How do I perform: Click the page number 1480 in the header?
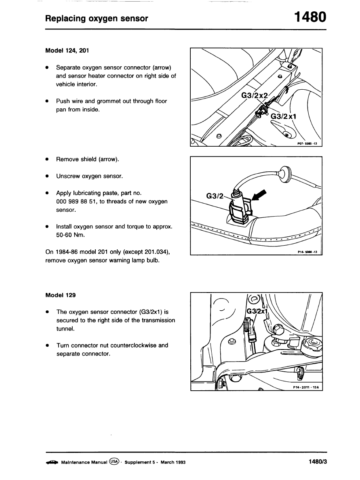tap(310, 17)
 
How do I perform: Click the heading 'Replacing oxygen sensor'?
tap(97, 19)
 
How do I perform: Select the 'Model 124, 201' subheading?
tap(67, 51)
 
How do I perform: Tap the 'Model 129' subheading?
tap(61, 295)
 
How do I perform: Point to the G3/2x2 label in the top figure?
tap(255, 95)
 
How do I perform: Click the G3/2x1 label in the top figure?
tap(284, 117)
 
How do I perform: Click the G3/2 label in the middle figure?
tap(215, 196)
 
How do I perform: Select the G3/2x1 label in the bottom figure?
tap(257, 312)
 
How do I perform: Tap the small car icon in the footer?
tap(52, 462)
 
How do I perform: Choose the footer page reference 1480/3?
tap(317, 462)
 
